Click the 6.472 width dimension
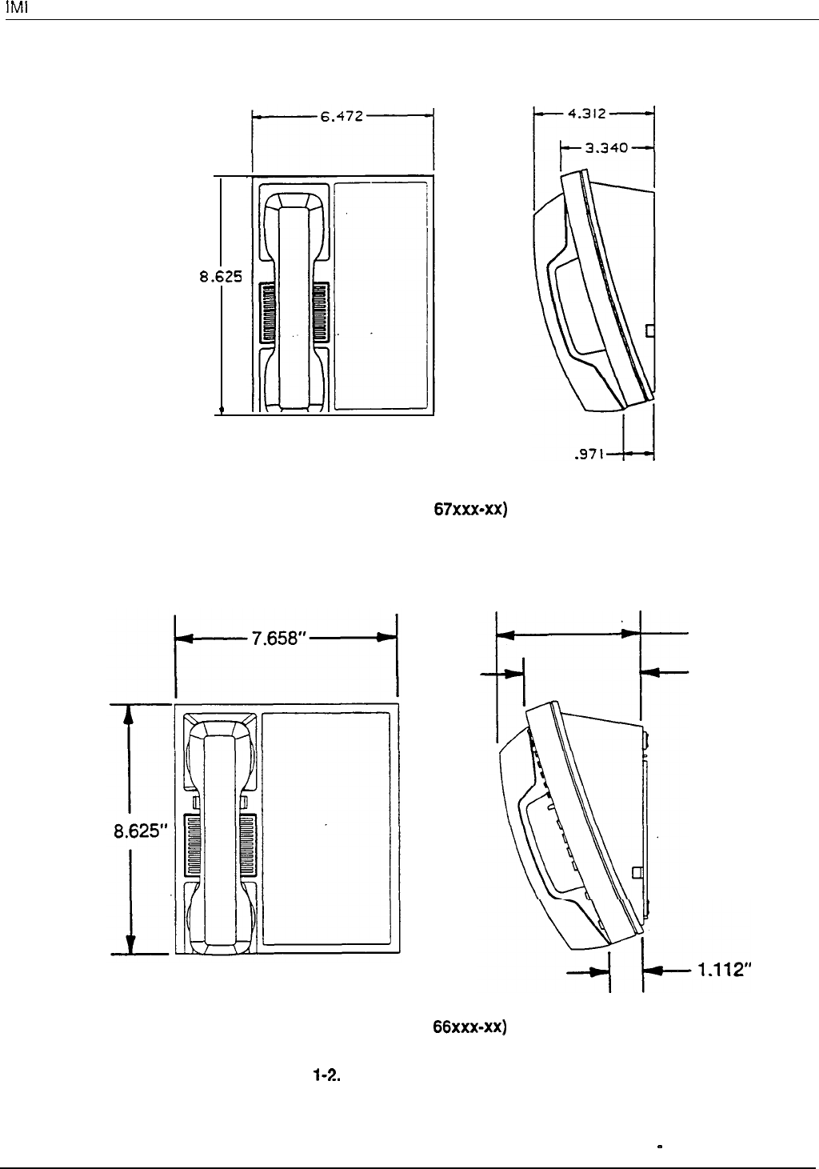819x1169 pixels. point(342,117)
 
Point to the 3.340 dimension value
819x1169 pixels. point(605,147)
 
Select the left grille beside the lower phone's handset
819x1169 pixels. point(194,845)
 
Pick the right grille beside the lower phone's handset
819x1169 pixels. point(246,845)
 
